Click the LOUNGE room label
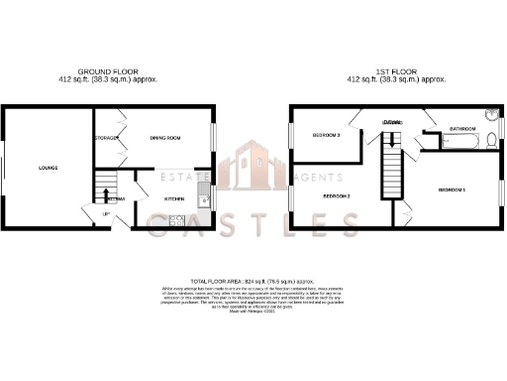tap(47, 168)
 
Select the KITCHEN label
tap(175, 199)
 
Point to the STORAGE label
tap(106, 138)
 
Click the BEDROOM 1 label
tap(452, 189)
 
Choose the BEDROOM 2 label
tap(338, 196)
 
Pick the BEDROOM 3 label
tap(326, 135)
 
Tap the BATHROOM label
tap(462, 129)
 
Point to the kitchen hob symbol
tap(177, 221)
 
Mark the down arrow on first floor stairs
tap(393, 159)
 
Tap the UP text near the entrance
tap(106, 211)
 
